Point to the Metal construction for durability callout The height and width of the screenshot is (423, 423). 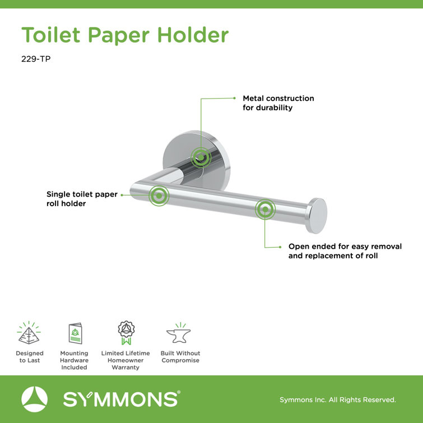[278, 103]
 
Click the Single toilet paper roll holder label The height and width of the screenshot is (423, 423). [82, 199]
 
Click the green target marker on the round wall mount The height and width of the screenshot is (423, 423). [199, 157]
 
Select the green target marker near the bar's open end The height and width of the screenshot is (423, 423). [266, 210]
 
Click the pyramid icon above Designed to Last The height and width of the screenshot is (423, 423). [30, 334]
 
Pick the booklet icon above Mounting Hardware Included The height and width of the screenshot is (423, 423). [74, 335]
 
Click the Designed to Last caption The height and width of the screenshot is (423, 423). [30, 357]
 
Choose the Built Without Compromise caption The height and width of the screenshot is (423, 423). [180, 357]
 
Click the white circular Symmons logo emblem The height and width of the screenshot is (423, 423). [35, 399]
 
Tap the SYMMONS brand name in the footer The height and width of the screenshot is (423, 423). [120, 399]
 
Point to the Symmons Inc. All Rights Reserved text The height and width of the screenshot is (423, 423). [337, 400]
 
